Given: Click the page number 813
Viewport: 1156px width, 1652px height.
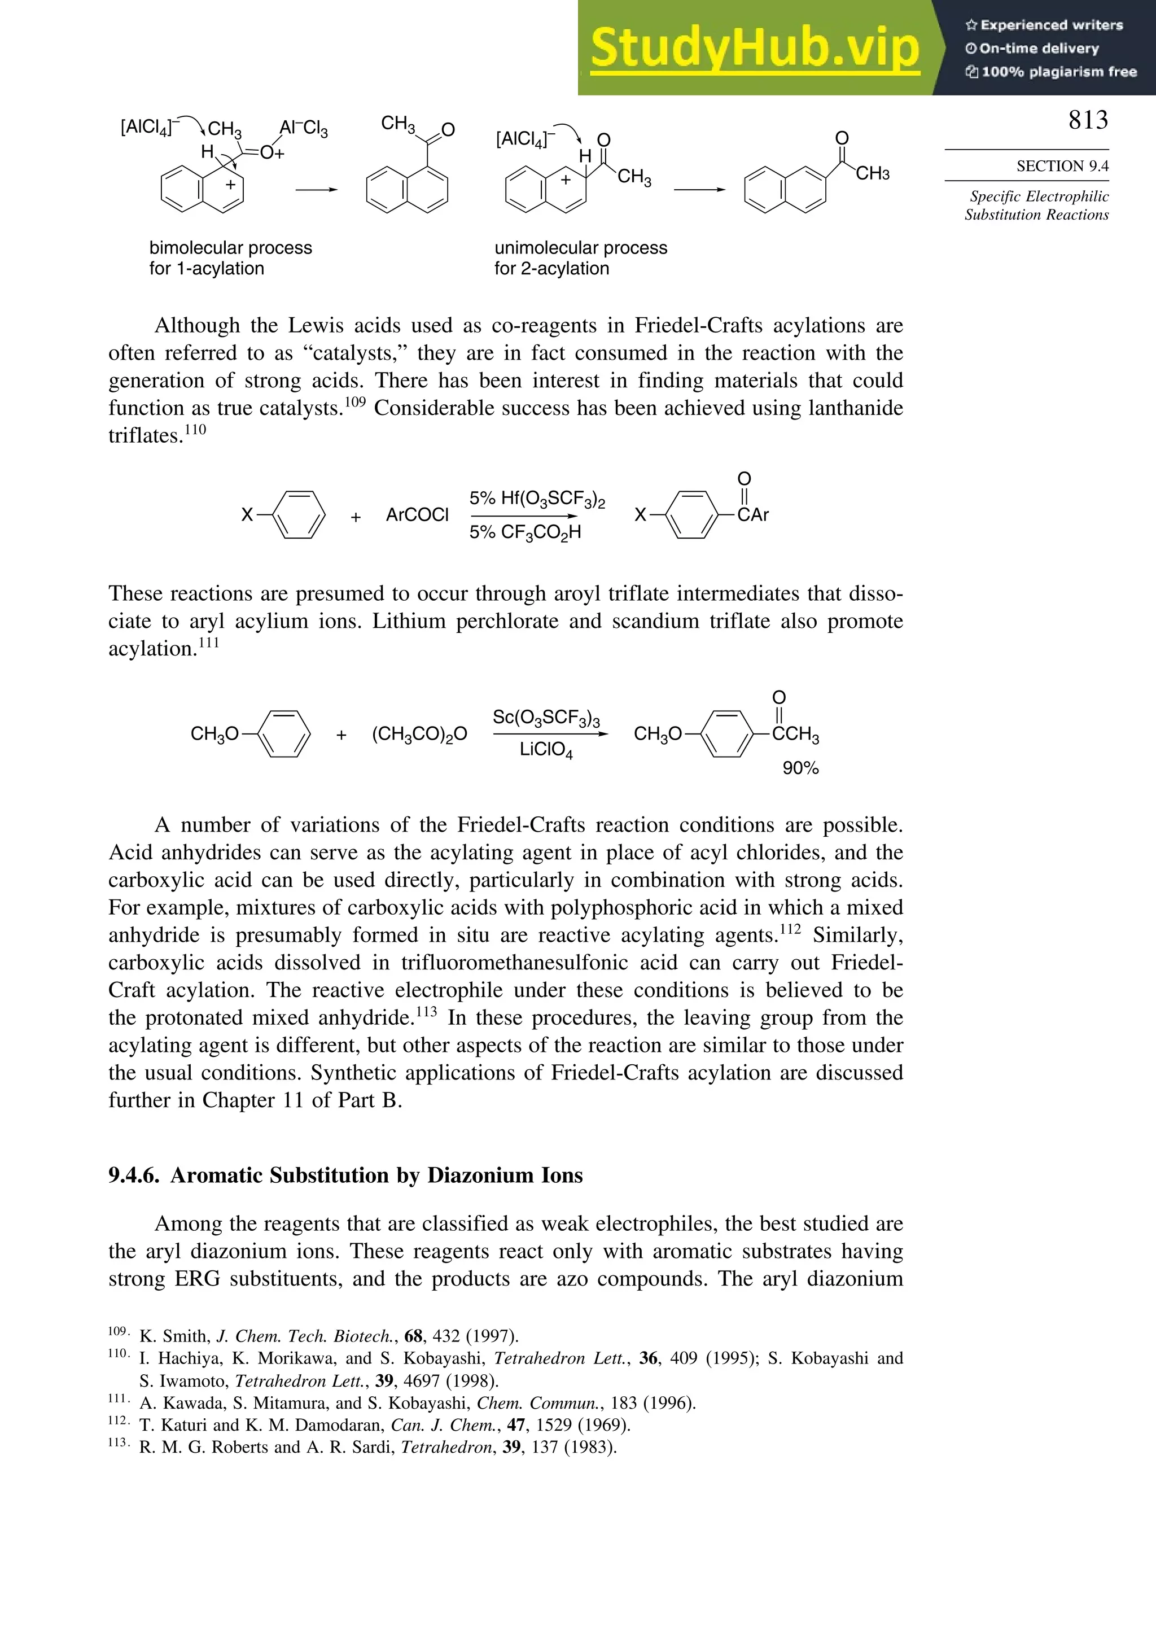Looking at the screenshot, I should (x=1088, y=120).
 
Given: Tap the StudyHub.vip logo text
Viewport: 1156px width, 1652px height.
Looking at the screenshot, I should (x=755, y=48).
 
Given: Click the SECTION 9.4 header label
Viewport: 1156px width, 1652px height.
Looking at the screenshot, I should (x=1062, y=166).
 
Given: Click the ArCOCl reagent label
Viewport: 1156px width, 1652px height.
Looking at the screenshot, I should (x=417, y=515).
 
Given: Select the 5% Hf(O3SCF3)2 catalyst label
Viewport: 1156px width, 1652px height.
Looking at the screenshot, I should (x=537, y=499).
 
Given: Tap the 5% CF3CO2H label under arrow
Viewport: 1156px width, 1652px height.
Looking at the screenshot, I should (x=524, y=533).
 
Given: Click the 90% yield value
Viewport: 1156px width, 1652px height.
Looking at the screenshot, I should (x=800, y=768).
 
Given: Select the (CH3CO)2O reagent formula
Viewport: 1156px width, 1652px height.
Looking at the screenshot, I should (x=419, y=734).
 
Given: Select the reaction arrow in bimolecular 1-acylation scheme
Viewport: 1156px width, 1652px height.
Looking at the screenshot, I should (x=317, y=190).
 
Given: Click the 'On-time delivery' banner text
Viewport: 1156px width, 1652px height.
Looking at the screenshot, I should (x=1039, y=48).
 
